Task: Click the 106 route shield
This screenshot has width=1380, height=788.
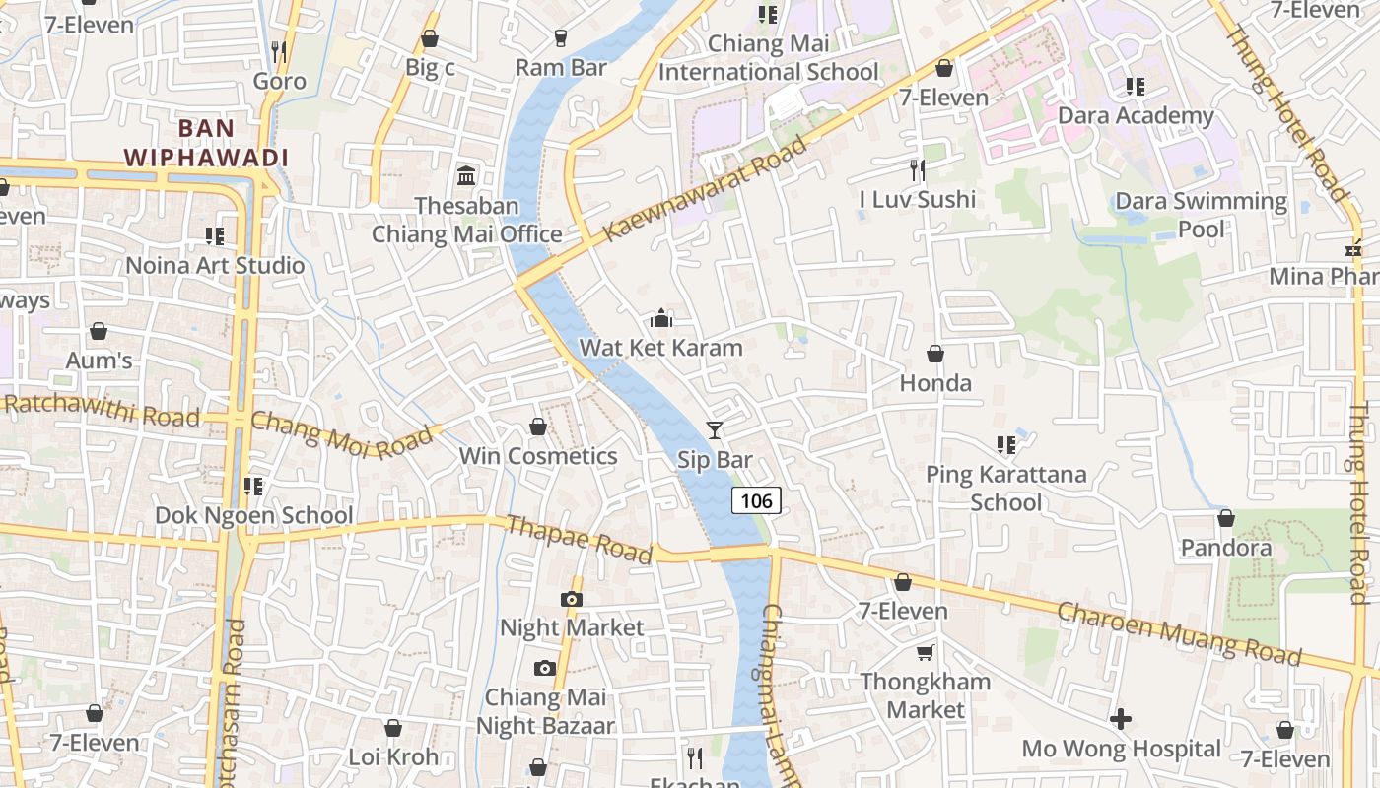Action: click(x=756, y=500)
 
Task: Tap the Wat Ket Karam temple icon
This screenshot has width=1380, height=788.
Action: click(x=661, y=318)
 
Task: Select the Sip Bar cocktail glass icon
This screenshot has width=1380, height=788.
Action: click(x=715, y=430)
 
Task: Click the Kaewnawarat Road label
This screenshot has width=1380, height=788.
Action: click(x=705, y=188)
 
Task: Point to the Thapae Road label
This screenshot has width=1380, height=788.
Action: click(x=579, y=540)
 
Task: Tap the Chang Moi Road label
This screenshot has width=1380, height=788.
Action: click(x=341, y=434)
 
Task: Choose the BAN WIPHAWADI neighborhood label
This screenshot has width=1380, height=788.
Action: click(x=207, y=143)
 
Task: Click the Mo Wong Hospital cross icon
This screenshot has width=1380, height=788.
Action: click(x=1121, y=719)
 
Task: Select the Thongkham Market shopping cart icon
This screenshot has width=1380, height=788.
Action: click(x=926, y=652)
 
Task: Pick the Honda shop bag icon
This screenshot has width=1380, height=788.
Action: click(x=935, y=354)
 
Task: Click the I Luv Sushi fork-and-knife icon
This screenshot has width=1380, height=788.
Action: click(x=918, y=170)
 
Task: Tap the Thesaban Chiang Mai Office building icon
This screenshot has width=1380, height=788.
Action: click(x=466, y=176)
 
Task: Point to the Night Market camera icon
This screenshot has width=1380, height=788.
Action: click(x=571, y=599)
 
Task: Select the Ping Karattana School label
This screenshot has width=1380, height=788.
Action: click(x=1005, y=488)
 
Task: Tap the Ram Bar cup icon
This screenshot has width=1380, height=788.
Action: click(x=561, y=38)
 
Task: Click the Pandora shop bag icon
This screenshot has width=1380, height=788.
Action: click(x=1226, y=518)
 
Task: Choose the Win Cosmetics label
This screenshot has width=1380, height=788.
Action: click(x=538, y=456)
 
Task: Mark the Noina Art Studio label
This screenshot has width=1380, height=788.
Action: click(x=215, y=265)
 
